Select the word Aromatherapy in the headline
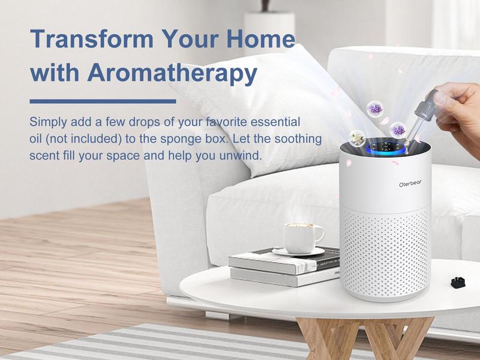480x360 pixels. point(172,73)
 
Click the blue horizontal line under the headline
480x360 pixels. point(103,101)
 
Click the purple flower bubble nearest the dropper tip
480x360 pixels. point(397,129)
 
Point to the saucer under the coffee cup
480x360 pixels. point(298,251)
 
